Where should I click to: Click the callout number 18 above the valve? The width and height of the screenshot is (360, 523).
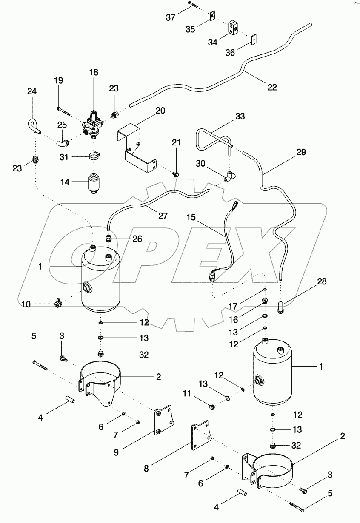pyautogui.click(x=94, y=73)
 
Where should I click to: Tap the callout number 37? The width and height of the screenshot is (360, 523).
pyautogui.click(x=171, y=17)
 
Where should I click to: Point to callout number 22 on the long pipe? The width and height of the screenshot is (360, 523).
pyautogui.click(x=272, y=88)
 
